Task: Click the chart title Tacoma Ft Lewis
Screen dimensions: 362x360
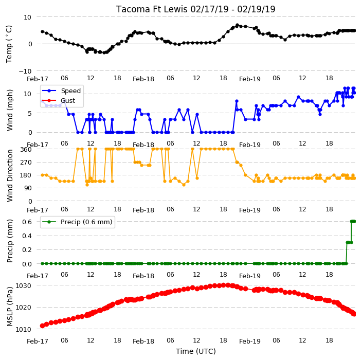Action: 152,9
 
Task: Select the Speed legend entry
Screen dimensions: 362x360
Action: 61,91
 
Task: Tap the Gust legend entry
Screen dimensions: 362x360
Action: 59,100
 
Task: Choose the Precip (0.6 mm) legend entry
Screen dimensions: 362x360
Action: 77,222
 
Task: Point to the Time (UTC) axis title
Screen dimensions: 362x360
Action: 196,351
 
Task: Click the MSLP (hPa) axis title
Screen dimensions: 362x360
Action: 9,307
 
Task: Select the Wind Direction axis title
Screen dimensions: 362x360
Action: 9,175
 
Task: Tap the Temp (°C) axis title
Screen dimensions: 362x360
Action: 9,44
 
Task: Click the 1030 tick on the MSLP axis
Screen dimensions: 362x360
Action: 23,285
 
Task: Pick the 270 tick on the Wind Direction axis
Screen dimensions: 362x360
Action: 26,163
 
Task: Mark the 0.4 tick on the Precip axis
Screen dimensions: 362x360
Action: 27,236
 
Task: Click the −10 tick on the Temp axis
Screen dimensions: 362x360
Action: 25,71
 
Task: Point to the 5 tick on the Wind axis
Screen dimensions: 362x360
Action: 30,113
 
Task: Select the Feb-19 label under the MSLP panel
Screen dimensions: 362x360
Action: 250,341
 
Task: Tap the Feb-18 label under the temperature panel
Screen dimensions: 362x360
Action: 143,79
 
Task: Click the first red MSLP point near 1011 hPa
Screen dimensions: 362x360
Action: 42,326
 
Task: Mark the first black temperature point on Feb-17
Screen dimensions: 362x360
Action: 43,31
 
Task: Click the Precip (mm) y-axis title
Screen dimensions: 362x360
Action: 9,241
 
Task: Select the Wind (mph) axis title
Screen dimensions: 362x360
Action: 9,110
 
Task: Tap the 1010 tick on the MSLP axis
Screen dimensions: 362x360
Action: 23,329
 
